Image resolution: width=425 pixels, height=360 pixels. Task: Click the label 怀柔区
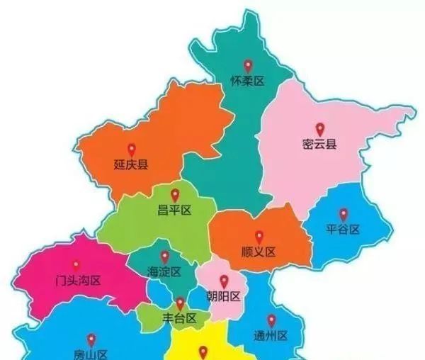click(x=247, y=81)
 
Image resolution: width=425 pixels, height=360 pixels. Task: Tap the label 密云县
click(x=319, y=145)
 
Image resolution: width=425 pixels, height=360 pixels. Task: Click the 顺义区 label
click(x=259, y=252)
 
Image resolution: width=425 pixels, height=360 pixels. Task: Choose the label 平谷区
click(x=344, y=230)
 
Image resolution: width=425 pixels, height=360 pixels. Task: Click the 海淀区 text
click(x=164, y=272)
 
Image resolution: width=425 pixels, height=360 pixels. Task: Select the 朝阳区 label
click(x=224, y=296)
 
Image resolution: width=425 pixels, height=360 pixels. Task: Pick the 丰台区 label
click(x=180, y=318)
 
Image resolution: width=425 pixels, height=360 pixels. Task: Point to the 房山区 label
click(x=91, y=354)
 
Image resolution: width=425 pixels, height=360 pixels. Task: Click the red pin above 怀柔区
click(x=247, y=66)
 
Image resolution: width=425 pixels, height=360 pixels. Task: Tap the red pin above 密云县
click(x=319, y=130)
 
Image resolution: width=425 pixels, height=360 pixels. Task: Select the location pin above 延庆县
click(x=131, y=150)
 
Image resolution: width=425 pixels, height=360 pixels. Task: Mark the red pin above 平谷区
click(x=344, y=213)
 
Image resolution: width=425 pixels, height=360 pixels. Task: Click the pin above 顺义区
click(x=259, y=236)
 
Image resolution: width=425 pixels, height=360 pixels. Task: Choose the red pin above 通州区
click(x=271, y=320)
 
